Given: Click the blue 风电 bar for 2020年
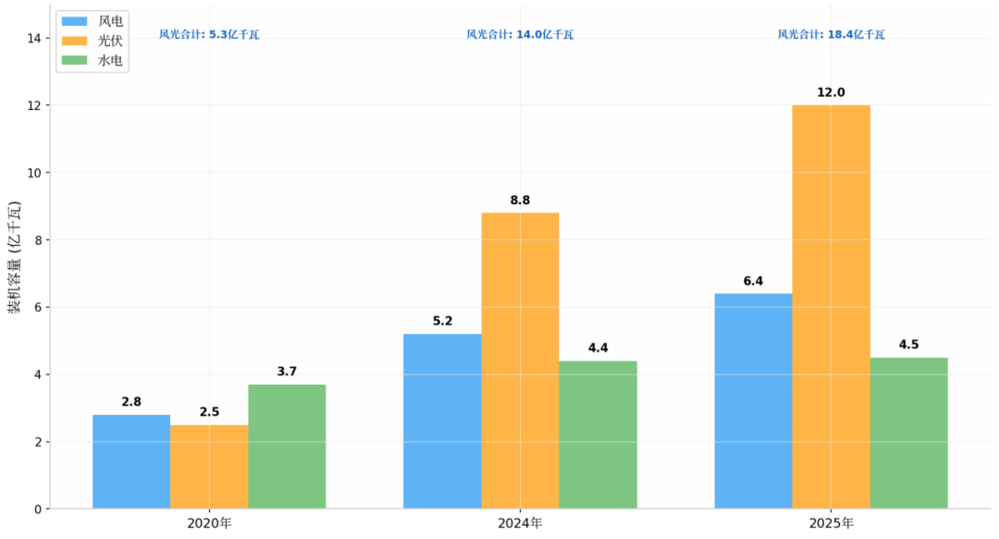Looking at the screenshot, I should [x=131, y=461].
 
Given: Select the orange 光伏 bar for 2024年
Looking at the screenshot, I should [x=520, y=361].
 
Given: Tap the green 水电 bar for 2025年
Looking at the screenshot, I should [x=908, y=433].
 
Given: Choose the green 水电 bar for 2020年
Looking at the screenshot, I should [x=287, y=447].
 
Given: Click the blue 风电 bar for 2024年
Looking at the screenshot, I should [x=442, y=421].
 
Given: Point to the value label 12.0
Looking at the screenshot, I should [x=831, y=92].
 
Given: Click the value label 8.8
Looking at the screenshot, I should [x=520, y=201].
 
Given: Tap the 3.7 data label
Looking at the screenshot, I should [x=287, y=372].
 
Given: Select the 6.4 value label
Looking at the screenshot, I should [x=753, y=281].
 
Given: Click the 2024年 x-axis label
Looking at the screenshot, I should [x=520, y=523].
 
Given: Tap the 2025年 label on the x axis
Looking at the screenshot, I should [x=831, y=523].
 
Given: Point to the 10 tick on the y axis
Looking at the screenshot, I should [x=34, y=173].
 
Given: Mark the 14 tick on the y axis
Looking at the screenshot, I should [x=34, y=38].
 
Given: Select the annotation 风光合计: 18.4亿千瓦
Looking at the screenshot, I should [x=831, y=34].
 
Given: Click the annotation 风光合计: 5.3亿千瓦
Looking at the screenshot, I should [x=209, y=34].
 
